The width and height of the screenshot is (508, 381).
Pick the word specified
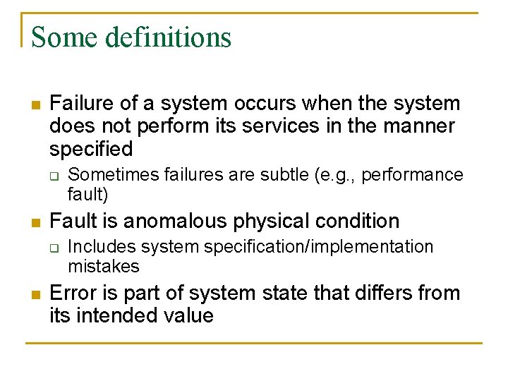[x=91, y=149]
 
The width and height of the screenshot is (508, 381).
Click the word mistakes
[x=103, y=266]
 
